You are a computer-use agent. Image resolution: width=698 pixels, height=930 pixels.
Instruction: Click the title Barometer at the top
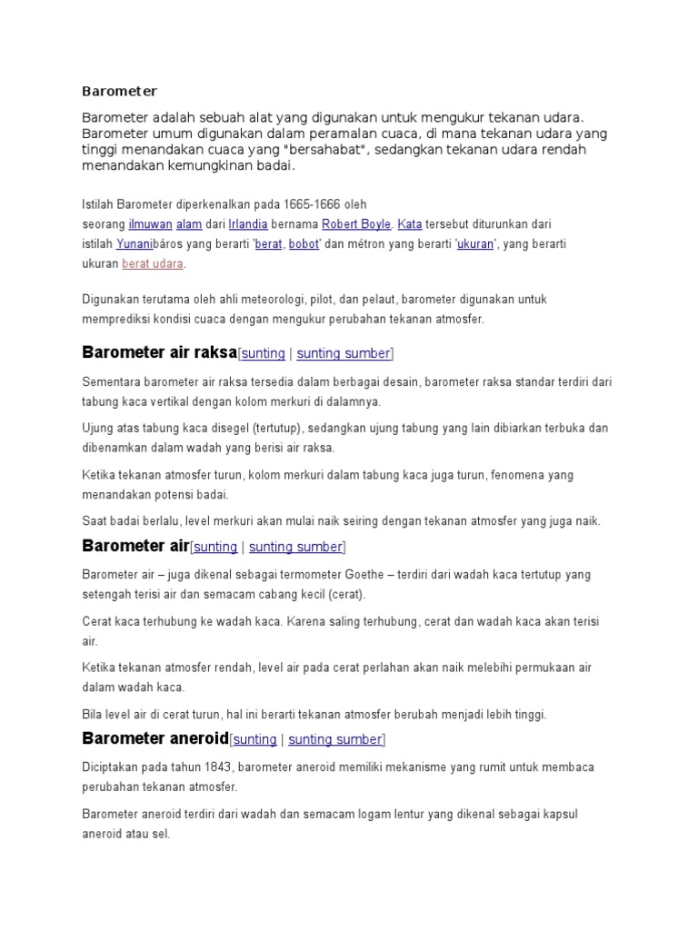(119, 91)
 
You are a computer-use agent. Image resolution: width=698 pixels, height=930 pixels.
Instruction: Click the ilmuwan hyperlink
(149, 223)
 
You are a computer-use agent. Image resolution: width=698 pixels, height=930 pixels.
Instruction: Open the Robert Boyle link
(356, 223)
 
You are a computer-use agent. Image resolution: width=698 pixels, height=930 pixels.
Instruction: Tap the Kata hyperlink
(410, 223)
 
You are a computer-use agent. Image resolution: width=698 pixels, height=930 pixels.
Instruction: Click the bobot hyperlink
(304, 243)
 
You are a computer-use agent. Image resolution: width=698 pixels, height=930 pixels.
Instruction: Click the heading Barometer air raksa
(159, 352)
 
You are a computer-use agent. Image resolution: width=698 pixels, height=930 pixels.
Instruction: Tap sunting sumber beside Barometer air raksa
(344, 353)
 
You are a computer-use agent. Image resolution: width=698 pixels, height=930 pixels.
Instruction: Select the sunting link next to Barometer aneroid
(254, 738)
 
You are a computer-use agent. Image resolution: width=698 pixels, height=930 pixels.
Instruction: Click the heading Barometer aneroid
(155, 737)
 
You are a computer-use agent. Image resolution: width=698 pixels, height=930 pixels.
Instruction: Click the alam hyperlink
(189, 223)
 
